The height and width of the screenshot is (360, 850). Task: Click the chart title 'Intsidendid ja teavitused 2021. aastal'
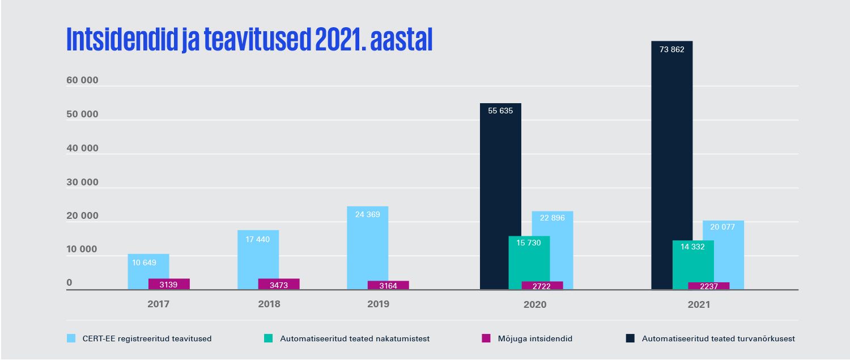[249, 40]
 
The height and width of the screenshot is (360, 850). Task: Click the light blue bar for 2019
[367, 249]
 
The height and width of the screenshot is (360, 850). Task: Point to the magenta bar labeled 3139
[169, 284]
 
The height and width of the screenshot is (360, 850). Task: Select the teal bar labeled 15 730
[529, 261]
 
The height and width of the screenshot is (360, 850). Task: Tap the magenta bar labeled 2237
[708, 286]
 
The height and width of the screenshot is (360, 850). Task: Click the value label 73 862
[671, 49]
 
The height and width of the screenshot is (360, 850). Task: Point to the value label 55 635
[500, 111]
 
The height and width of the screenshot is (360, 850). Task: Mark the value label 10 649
[144, 262]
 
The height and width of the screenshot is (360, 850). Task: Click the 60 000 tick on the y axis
[82, 81]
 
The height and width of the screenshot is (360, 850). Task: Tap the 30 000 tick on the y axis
[82, 183]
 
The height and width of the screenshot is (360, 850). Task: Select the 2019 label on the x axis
[378, 304]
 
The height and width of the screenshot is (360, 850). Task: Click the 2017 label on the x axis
[158, 304]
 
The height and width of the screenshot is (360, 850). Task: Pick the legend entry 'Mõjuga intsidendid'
[526, 339]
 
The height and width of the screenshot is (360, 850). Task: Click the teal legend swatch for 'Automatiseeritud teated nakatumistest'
[268, 338]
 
